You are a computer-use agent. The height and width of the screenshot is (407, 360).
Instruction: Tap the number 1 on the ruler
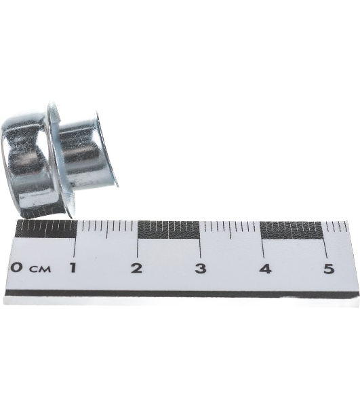tap(74, 268)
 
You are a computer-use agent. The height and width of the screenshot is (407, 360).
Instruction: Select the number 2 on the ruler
tap(136, 268)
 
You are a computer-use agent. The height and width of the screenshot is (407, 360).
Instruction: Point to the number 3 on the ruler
tap(200, 269)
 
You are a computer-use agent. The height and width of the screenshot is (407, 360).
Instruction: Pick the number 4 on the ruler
tap(265, 269)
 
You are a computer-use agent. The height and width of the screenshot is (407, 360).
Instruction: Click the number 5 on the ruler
tap(329, 269)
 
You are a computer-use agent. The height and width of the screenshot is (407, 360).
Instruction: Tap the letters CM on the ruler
tap(40, 269)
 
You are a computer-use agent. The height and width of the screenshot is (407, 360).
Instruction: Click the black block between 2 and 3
tap(168, 230)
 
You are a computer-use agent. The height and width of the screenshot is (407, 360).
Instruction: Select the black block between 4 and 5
tap(292, 231)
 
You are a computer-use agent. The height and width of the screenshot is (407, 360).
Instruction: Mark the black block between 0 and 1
tap(46, 229)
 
